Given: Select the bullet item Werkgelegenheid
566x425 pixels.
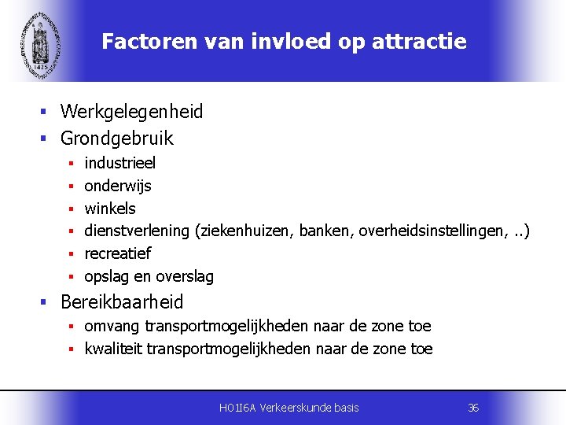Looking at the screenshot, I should click(x=131, y=112).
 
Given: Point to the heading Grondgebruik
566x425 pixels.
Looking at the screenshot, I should click(x=116, y=139).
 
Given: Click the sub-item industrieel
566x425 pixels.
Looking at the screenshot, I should click(x=119, y=163).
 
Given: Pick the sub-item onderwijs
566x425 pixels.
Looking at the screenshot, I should click(x=118, y=186).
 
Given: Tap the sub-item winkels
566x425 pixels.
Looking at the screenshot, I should click(x=110, y=209).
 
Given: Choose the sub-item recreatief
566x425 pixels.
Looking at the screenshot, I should click(x=117, y=253).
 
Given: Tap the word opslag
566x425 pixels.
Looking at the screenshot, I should click(x=104, y=277).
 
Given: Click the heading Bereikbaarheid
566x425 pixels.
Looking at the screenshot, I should click(x=122, y=302).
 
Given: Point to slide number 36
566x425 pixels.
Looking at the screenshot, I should click(x=473, y=408).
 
